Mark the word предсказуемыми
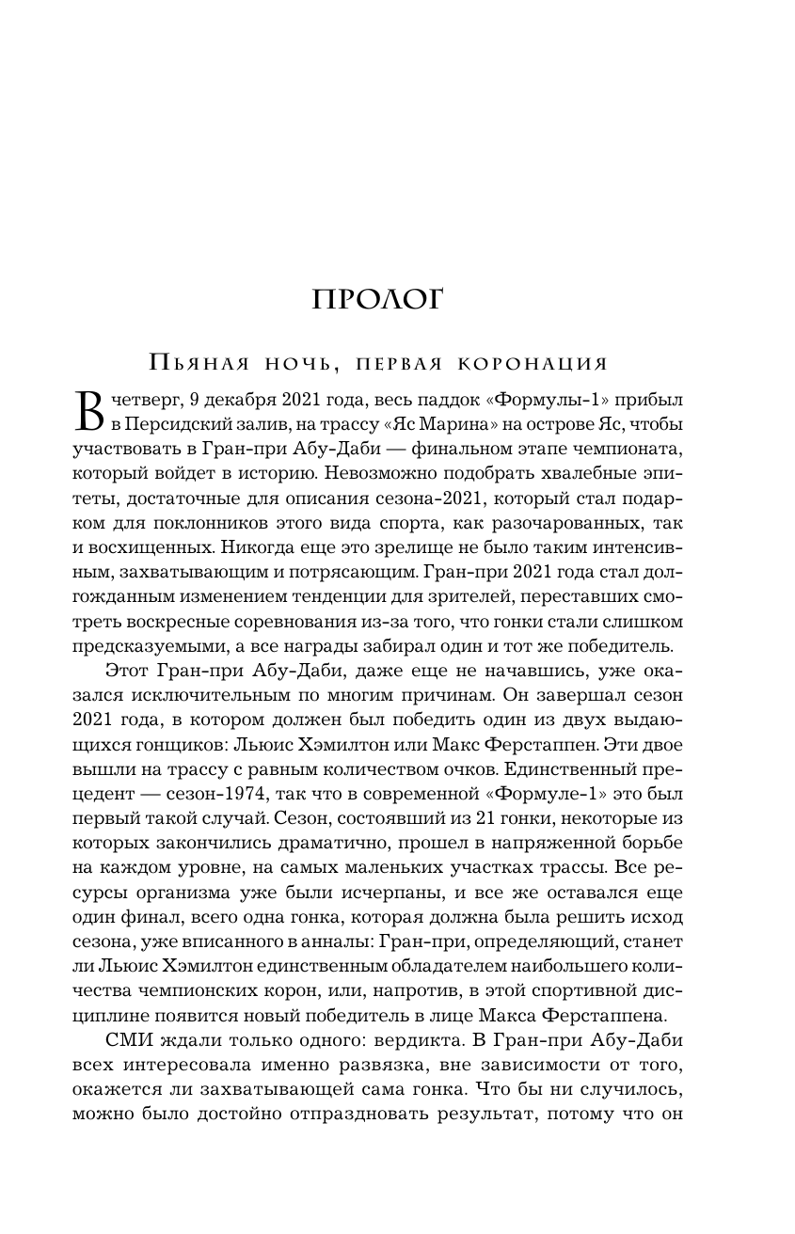[x=140, y=646]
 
